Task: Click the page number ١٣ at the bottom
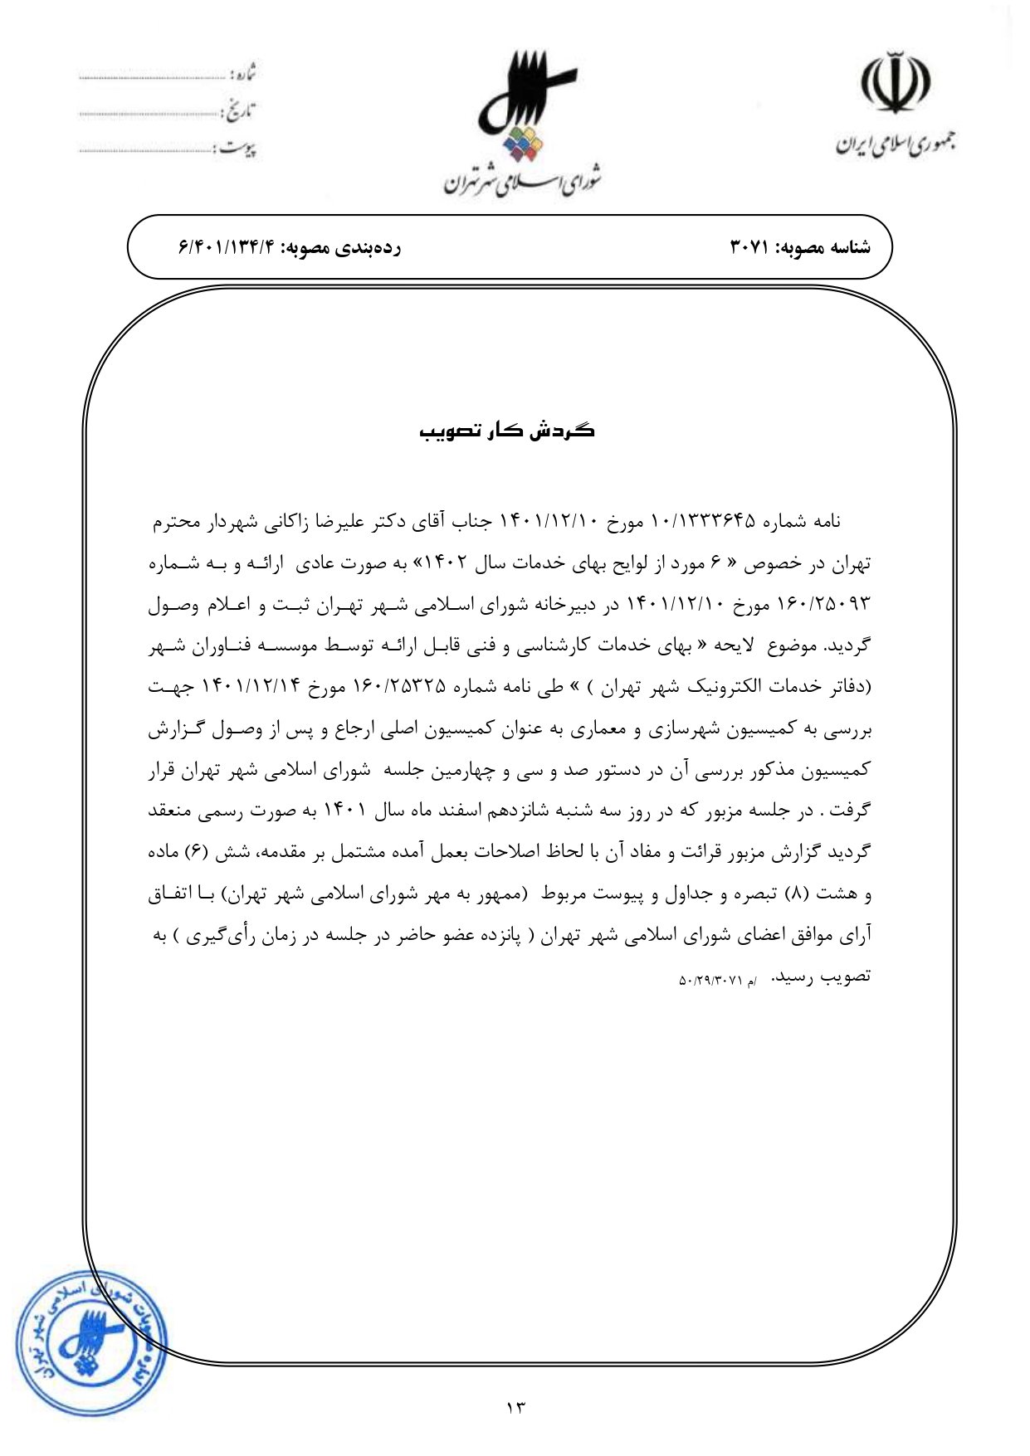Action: [x=515, y=1407]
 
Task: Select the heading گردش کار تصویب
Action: [x=506, y=431]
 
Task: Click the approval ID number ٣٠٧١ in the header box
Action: [x=752, y=247]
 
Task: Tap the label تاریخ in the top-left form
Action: [x=240, y=110]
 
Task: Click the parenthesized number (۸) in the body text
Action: [x=795, y=894]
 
